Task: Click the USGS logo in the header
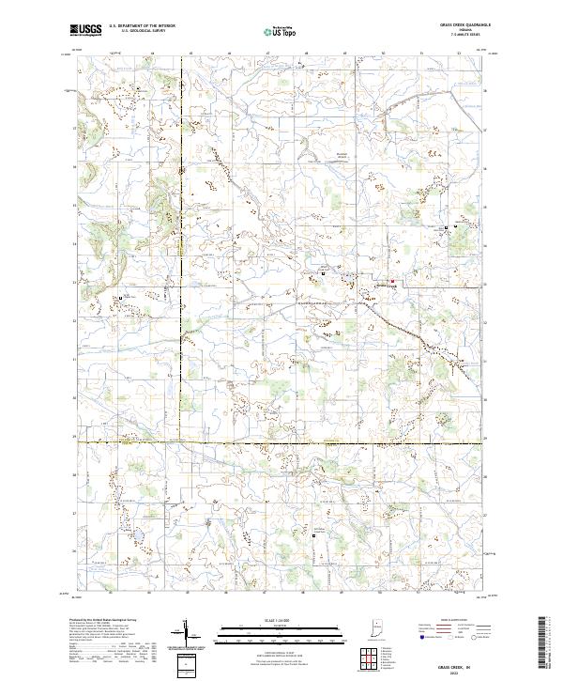coord(85,30)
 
